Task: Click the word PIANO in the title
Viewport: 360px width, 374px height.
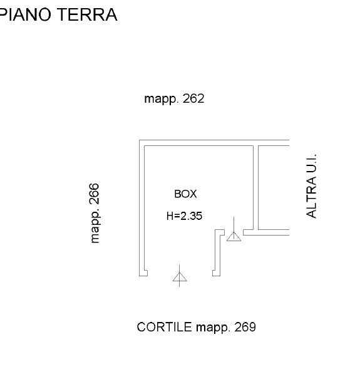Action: click(26, 14)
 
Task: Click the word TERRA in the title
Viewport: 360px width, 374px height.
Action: click(88, 14)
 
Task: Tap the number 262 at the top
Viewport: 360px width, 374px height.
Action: click(193, 98)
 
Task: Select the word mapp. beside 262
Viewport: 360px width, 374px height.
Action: click(162, 100)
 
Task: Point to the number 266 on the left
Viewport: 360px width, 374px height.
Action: click(94, 194)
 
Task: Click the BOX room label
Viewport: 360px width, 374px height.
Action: click(185, 194)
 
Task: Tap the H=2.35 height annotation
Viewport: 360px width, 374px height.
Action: click(184, 216)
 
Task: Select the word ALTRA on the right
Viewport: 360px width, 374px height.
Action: click(311, 197)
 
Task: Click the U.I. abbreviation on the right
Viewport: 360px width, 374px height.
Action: click(311, 163)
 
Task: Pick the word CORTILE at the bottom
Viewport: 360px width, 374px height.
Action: click(164, 327)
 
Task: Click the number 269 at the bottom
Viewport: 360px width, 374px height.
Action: click(245, 327)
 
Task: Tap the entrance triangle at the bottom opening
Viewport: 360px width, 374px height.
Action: click(180, 277)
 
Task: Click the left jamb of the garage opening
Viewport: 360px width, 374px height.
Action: click(143, 273)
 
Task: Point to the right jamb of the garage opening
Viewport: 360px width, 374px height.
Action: click(216, 273)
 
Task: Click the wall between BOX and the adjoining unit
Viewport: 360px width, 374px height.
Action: click(255, 187)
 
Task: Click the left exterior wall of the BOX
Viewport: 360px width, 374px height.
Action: click(141, 208)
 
